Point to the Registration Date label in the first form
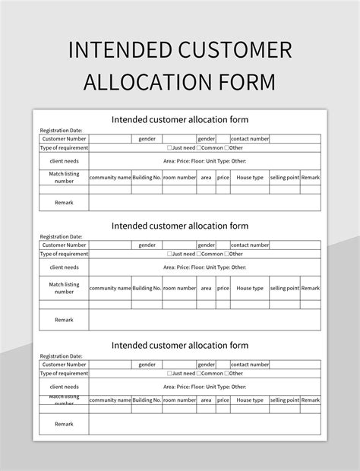click(61, 131)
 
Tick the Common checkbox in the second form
click(200, 254)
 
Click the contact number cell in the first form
click(250, 139)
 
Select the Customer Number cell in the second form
click(64, 245)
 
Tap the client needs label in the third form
click(64, 387)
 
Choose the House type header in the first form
click(249, 178)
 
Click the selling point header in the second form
click(284, 288)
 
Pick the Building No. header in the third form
click(147, 400)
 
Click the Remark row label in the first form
click(64, 202)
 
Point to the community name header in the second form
click(109, 288)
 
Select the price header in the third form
click(223, 400)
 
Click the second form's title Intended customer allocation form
click(180, 226)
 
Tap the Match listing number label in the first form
click(64, 178)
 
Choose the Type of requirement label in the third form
click(64, 373)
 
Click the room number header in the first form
click(179, 178)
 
